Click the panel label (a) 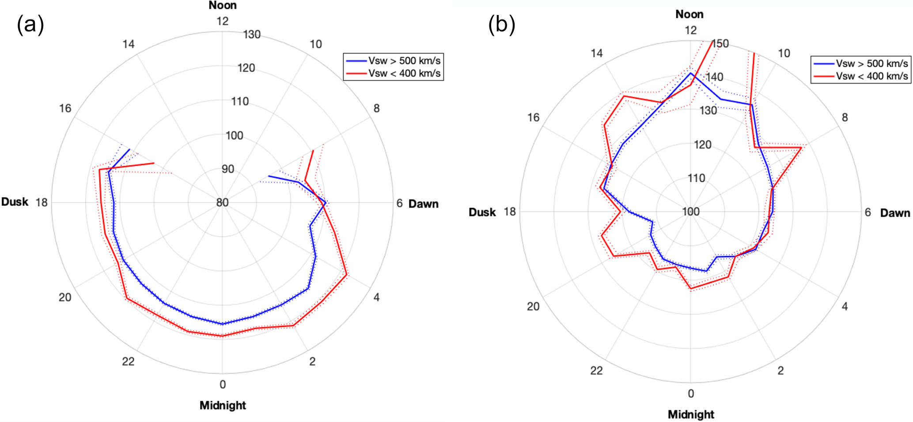[30, 24]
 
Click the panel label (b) [501, 24]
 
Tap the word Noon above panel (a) [223, 5]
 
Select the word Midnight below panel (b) [691, 414]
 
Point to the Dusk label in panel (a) [15, 202]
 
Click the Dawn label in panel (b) [895, 213]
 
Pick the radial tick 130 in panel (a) [252, 35]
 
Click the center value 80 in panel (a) [222, 203]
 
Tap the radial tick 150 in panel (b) [720, 44]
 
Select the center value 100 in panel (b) [691, 212]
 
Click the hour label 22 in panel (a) [128, 361]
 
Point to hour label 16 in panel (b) [533, 118]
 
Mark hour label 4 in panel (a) [376, 297]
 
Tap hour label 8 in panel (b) [845, 118]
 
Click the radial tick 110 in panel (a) [240, 102]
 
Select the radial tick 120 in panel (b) [702, 145]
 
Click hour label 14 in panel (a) [129, 44]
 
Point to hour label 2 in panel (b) [780, 371]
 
